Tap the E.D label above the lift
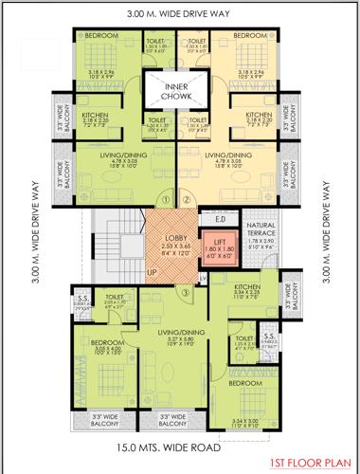[219, 220]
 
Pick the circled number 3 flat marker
[187, 292]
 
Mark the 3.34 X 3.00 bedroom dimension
[244, 419]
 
